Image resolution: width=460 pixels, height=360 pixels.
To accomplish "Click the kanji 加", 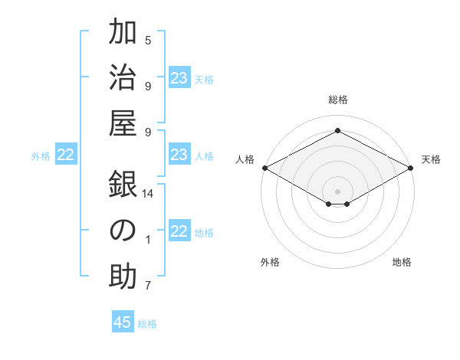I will (x=123, y=34).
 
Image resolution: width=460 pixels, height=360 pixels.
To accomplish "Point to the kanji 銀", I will (x=123, y=185).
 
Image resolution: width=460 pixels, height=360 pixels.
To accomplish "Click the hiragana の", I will (x=123, y=231).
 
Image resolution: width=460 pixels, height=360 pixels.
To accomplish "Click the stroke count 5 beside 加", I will (x=148, y=40).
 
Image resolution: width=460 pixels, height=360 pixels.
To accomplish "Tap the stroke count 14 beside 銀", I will (x=149, y=194).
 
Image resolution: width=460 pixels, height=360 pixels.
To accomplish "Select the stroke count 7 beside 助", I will (x=148, y=286).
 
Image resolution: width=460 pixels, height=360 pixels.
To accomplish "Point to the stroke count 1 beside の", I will (x=148, y=240).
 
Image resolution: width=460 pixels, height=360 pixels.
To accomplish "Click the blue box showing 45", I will (x=123, y=322).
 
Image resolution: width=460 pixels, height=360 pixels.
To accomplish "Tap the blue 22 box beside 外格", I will (x=66, y=155).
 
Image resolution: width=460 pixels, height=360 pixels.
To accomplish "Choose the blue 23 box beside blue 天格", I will (x=179, y=77).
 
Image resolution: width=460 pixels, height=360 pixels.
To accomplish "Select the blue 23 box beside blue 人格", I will (x=179, y=155).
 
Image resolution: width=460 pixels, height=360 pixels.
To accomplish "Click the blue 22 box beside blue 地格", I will (x=179, y=231).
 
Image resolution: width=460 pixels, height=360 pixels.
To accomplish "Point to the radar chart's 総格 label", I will (x=337, y=100).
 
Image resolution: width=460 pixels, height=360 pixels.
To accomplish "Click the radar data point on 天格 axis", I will (x=412, y=168).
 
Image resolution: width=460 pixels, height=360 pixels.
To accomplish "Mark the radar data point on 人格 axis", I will (x=264, y=168).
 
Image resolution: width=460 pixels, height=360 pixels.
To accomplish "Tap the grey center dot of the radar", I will (x=337, y=190).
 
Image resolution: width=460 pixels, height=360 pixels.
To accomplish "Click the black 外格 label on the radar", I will (x=270, y=262).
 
